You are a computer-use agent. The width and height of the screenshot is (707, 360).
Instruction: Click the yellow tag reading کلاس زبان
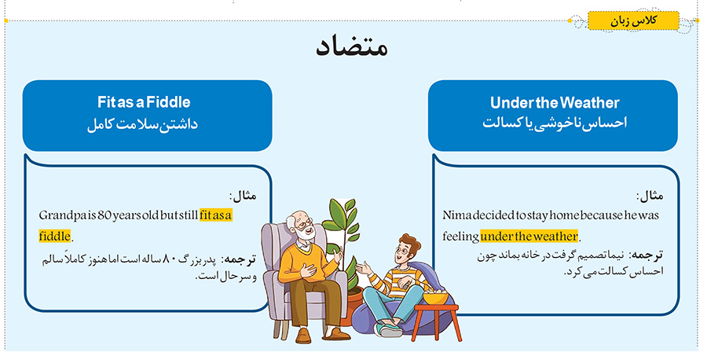coord(633,20)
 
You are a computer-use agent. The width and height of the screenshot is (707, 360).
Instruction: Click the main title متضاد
coord(352,47)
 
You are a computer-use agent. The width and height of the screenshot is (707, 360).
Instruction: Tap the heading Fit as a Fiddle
coord(144,102)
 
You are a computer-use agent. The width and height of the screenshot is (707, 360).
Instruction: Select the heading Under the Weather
coord(555,103)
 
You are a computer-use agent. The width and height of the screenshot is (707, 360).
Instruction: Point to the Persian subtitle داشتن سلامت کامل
coord(142,124)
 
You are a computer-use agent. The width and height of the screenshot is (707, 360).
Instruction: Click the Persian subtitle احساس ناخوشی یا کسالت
coord(555,123)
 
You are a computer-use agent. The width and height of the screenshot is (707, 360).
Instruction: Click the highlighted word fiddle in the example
coord(55,236)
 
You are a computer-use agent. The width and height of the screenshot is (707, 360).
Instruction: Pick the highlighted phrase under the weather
coord(529,236)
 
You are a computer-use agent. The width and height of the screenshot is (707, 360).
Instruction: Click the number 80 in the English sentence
coord(104,215)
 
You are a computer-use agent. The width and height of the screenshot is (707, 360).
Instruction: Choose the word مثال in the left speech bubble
coord(245,196)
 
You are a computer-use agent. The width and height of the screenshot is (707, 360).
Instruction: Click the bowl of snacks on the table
coord(435,297)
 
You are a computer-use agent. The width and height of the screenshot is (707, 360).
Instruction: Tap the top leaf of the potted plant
coord(350,206)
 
